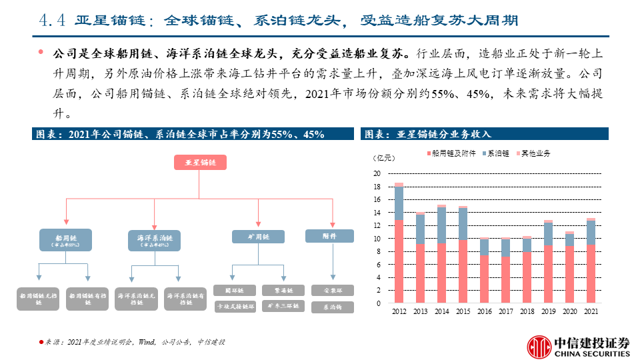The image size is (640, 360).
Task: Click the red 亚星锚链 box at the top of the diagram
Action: (201, 162)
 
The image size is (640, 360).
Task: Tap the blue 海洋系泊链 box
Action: (154, 240)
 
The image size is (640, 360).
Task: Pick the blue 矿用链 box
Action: (257, 236)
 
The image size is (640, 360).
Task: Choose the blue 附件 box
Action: (329, 235)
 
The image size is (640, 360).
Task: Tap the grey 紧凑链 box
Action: (280, 290)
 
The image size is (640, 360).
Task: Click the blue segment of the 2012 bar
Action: (399, 203)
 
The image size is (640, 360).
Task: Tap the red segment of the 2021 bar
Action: (591, 274)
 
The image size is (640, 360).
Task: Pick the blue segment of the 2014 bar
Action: (441, 225)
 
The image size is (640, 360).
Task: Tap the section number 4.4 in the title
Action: (51, 21)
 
